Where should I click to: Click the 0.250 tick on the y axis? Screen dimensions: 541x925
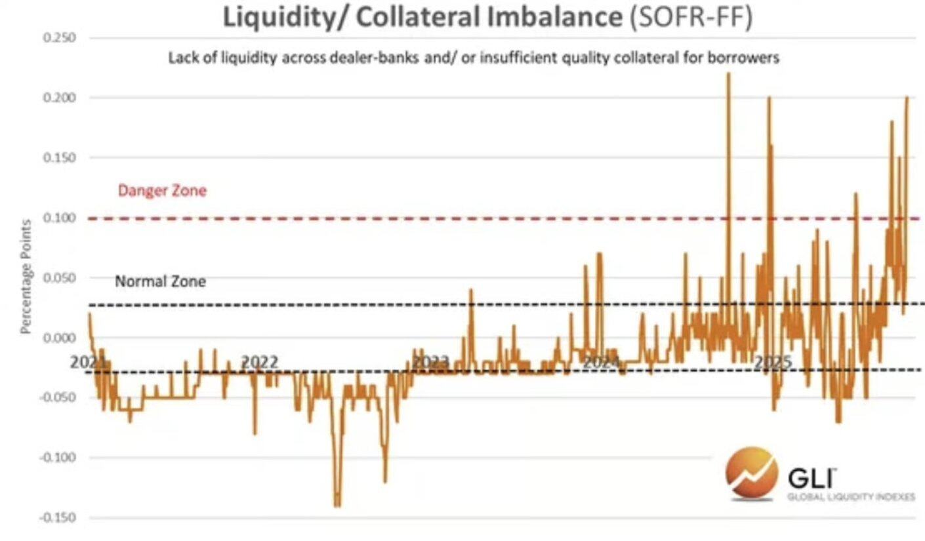coord(59,37)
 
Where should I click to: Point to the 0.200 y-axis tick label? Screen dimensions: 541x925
coord(59,98)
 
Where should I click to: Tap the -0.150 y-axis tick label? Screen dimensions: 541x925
coord(58,518)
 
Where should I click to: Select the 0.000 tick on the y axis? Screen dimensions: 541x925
coord(59,338)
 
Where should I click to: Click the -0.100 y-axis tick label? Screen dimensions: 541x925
coord(58,458)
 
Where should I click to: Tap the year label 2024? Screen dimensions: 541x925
coord(601,362)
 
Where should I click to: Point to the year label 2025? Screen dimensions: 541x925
coord(772,362)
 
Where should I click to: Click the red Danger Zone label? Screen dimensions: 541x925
coord(162,191)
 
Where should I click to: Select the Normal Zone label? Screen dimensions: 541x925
coord(160,281)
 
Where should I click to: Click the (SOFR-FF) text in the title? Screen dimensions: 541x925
coord(690,18)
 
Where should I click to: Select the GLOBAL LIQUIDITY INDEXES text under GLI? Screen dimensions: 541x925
coord(851,496)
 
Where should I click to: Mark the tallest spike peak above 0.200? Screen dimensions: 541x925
coord(728,74)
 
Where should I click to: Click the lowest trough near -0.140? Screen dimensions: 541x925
coord(337,506)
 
